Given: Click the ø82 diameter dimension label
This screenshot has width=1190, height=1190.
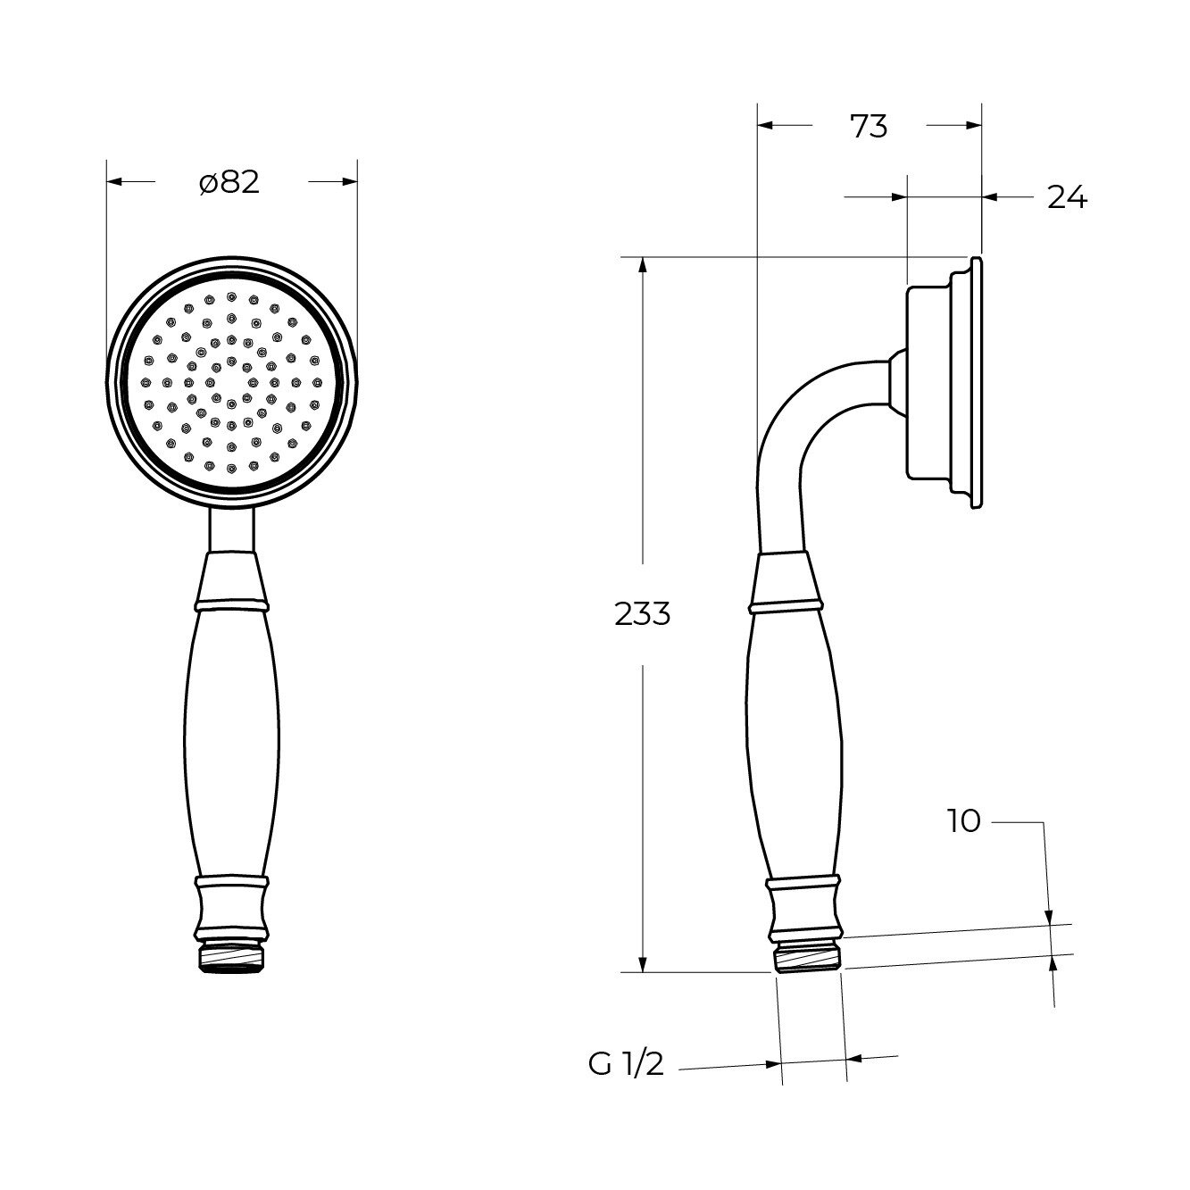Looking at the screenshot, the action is tap(229, 182).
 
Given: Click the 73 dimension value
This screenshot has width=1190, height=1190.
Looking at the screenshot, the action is tap(869, 127).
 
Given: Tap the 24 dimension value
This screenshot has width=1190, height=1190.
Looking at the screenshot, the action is tap(1067, 197).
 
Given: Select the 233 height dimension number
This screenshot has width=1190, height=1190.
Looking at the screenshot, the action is tap(642, 614).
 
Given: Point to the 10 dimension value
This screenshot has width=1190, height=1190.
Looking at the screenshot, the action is tap(964, 821).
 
